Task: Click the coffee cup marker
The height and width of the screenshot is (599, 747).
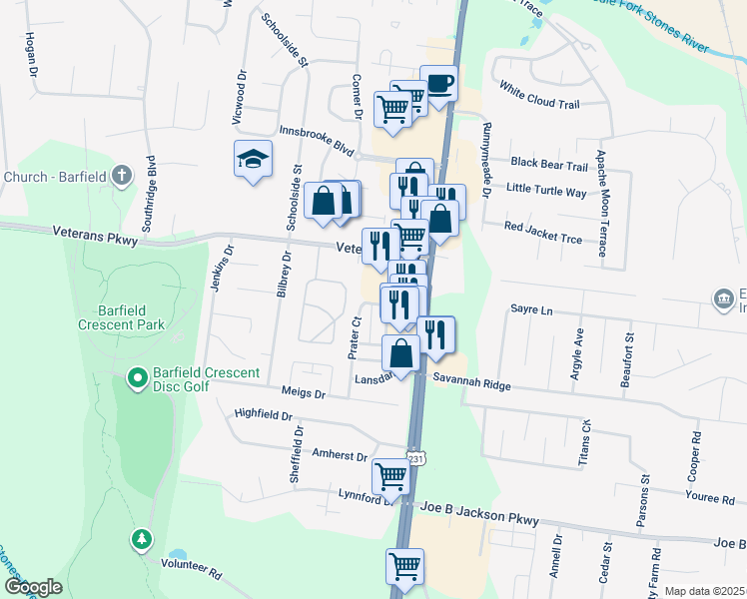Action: pos(438,82)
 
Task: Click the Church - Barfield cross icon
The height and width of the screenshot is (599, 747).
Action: pos(120,177)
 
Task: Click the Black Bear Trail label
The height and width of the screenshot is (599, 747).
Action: pos(549,165)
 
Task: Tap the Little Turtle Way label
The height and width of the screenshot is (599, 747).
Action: pos(546,190)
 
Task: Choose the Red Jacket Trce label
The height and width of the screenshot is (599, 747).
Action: pos(542,233)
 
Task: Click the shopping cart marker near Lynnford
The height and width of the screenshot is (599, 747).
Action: pos(389,476)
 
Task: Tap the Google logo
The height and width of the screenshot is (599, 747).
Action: pos(32,587)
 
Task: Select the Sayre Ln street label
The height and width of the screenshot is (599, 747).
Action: pos(531,310)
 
